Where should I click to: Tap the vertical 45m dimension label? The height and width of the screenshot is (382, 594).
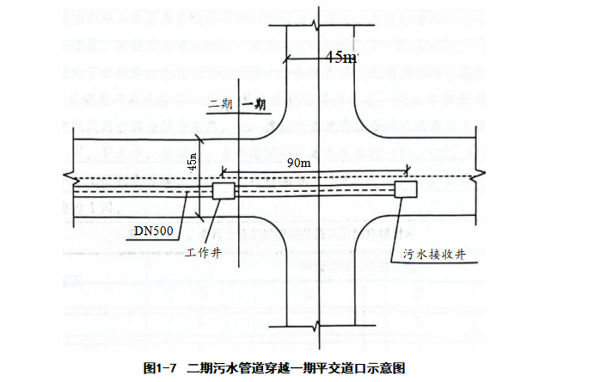193,161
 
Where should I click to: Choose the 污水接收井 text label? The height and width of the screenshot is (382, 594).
433,254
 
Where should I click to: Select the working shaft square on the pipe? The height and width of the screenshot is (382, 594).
224,190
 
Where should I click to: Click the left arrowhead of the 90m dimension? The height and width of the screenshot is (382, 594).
224,170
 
